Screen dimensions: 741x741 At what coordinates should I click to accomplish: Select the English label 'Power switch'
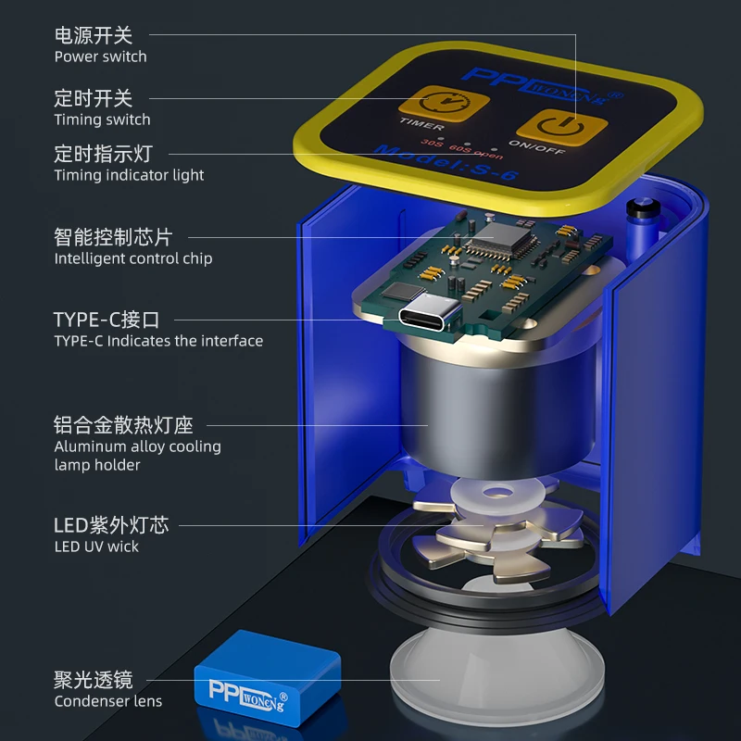100,57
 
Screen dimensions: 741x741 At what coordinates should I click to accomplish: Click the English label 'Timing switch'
102,119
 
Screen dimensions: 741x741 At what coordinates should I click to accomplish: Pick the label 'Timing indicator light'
129,175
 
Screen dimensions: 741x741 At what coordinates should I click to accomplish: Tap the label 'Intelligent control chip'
133,258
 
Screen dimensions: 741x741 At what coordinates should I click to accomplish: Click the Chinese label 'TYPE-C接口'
107,320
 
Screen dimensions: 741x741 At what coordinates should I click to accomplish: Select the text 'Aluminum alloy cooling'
137,446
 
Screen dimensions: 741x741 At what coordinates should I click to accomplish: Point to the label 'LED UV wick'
96,546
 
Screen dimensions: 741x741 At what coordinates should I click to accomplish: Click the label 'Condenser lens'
107,701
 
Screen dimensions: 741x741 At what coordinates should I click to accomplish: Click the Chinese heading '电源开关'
94,35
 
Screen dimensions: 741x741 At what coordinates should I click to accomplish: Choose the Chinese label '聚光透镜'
94,681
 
